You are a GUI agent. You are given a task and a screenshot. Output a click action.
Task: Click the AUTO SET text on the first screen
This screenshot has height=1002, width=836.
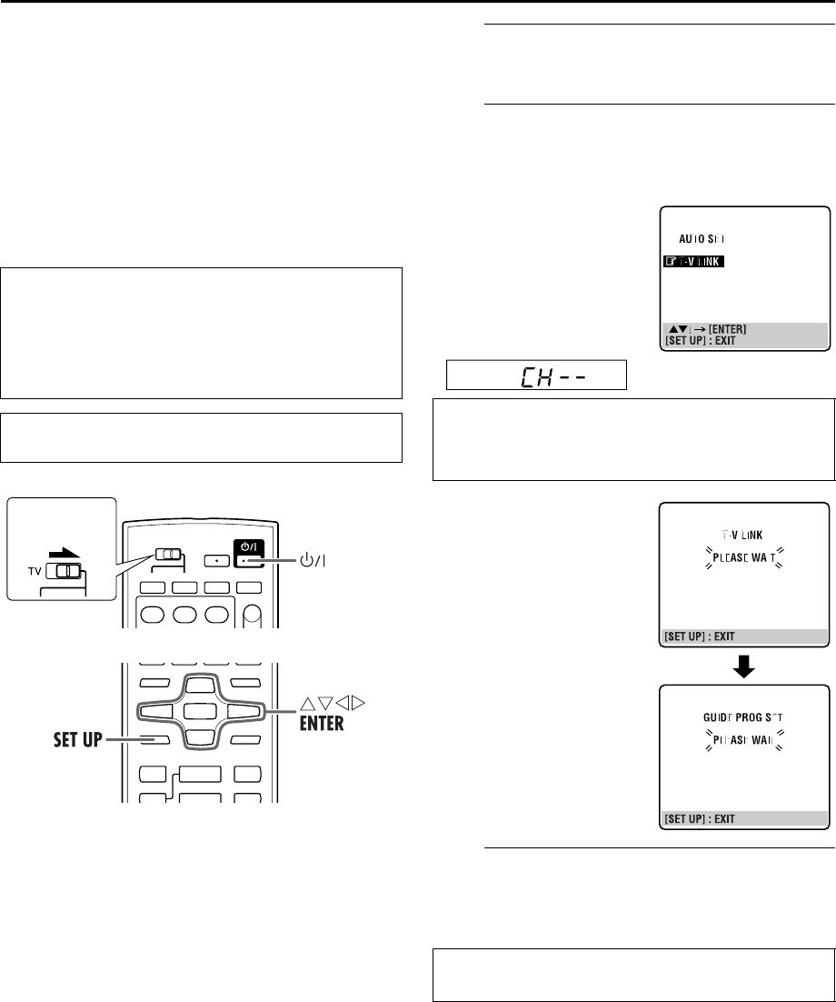point(703,238)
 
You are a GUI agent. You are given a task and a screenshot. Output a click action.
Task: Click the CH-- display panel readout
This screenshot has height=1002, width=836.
point(537,375)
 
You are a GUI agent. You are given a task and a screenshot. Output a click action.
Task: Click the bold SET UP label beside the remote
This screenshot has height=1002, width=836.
point(78,740)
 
